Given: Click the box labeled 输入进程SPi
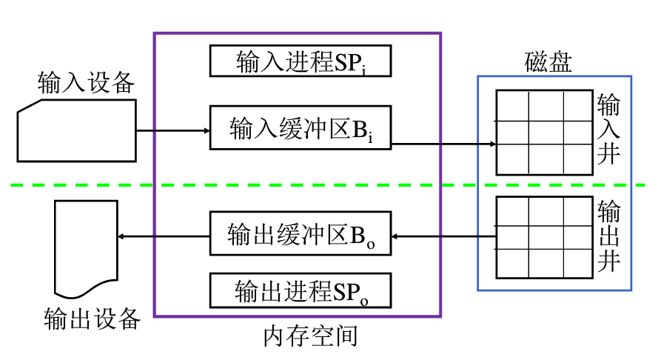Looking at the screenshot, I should [301, 61].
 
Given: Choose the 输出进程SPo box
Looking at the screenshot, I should [301, 290].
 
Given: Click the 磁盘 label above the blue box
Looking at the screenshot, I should [548, 61].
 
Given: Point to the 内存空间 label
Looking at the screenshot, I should [310, 337].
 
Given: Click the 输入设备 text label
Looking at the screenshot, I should [87, 83].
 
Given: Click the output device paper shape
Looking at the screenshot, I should [85, 249].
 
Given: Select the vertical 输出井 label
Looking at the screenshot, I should [608, 236].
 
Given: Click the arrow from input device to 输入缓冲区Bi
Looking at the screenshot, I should [173, 132].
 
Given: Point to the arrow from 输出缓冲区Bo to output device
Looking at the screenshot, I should [163, 237].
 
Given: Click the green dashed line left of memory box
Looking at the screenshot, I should [81, 184].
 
